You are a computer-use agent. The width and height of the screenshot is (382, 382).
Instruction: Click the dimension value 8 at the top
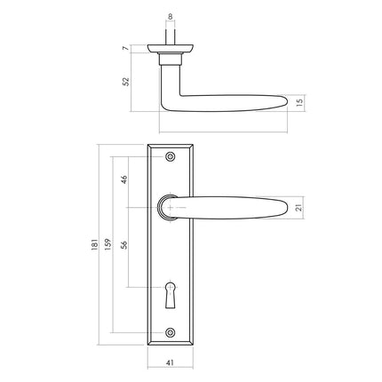coord(171,16)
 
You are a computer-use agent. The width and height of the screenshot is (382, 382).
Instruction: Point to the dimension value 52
coord(125,81)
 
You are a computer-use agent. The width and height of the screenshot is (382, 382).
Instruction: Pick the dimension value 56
coord(125,248)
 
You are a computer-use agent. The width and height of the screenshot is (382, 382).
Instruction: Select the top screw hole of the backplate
coord(171,155)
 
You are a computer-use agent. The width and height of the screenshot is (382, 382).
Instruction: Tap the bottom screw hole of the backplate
coord(171,335)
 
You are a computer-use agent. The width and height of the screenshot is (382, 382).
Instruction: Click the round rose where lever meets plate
coord(169,208)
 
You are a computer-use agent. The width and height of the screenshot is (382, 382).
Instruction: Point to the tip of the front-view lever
coord(283,208)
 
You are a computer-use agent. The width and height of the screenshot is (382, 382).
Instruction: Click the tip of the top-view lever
coord(283,101)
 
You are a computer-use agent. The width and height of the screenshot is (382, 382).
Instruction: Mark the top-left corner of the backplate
coord(149,143)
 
